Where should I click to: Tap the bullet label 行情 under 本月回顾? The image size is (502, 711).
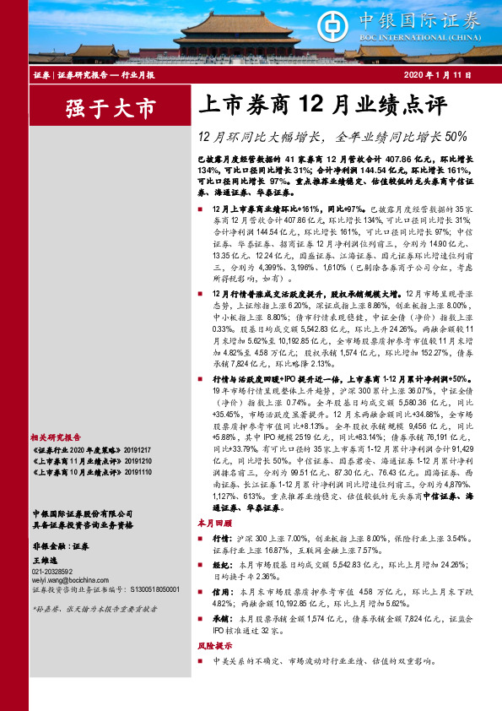[221, 537]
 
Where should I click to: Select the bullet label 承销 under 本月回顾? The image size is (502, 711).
[221, 595]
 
